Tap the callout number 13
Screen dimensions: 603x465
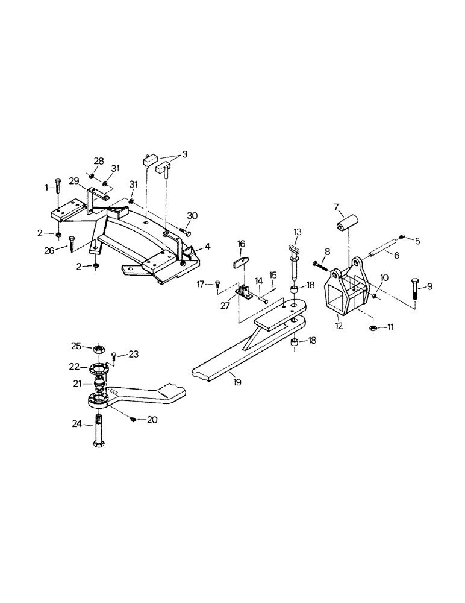(x=297, y=232)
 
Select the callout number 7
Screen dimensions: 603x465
(x=337, y=208)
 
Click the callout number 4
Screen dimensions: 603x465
(x=207, y=246)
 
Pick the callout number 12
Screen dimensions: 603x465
(x=339, y=326)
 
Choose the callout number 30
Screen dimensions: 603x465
(x=192, y=216)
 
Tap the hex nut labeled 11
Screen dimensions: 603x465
(x=373, y=328)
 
